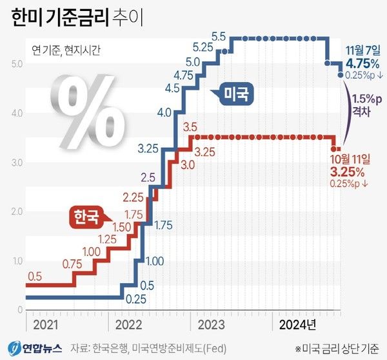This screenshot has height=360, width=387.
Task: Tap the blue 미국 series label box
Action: tap(236, 94)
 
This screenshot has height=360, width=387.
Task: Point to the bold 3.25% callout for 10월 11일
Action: tap(348, 173)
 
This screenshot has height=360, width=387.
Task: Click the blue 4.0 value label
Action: tap(164, 113)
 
